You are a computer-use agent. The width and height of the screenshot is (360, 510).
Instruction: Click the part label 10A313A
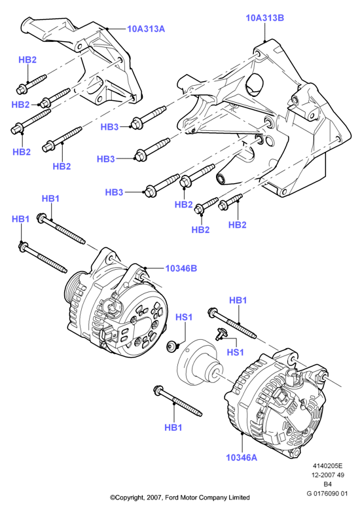coord(146,29)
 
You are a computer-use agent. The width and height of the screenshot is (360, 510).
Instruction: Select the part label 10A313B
coord(264,18)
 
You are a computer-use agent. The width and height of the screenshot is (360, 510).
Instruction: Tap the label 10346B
coord(181,268)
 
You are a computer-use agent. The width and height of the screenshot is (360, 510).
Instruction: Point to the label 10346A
coord(242,458)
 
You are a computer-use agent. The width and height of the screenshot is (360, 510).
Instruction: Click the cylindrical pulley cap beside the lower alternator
coord(199,361)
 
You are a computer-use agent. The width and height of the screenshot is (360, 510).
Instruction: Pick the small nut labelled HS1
coord(171,346)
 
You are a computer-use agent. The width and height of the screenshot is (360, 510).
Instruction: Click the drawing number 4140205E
coord(328,465)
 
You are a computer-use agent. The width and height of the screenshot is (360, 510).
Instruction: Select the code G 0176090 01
coord(327,493)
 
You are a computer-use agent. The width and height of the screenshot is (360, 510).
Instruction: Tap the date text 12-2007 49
coord(328,475)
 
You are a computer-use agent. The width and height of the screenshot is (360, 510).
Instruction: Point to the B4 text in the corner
coord(328,484)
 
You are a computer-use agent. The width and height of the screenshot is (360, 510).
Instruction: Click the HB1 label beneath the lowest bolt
coord(173,428)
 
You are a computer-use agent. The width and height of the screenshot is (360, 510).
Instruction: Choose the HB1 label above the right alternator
coord(238,301)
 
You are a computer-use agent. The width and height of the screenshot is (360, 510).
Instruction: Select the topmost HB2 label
coord(27,60)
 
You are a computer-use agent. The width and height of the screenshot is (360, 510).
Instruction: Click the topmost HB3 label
coord(109,127)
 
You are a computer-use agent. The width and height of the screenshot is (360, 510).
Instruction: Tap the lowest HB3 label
coord(114,192)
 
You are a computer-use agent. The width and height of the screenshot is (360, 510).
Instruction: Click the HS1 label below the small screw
coord(235,352)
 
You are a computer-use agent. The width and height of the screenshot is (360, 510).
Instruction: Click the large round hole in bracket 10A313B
coord(255,84)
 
